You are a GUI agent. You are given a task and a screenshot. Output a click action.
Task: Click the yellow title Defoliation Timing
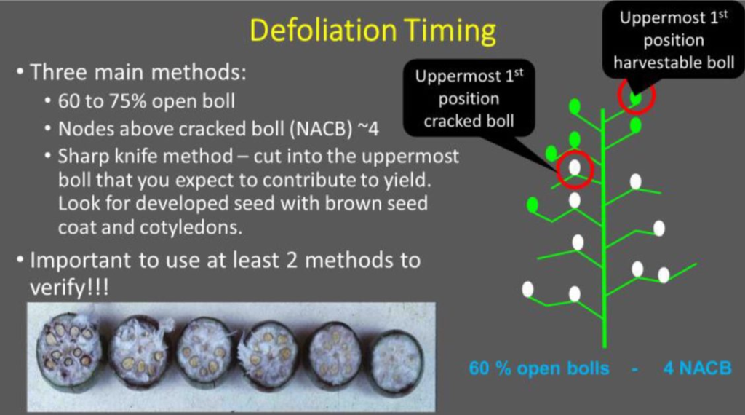373,31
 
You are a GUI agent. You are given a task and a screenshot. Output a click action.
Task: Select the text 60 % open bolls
539,368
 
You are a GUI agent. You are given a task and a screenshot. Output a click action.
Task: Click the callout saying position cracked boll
469,98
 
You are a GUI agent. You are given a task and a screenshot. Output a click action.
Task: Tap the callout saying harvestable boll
674,40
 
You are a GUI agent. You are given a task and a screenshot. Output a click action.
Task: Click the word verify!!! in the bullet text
69,287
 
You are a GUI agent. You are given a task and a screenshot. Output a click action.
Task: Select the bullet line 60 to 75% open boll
146,100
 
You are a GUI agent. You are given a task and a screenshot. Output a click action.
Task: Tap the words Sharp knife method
146,157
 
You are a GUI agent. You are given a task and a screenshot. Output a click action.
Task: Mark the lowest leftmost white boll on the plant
527,289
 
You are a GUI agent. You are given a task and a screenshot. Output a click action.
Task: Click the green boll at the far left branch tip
533,205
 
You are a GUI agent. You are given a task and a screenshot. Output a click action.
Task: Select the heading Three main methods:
138,72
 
